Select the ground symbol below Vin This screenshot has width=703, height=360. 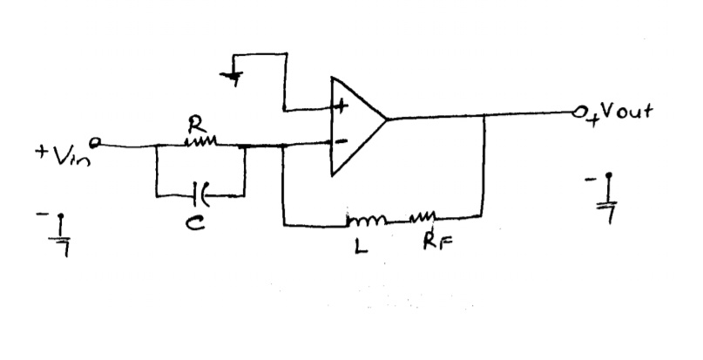pos(62,232)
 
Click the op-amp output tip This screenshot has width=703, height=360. pos(389,118)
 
